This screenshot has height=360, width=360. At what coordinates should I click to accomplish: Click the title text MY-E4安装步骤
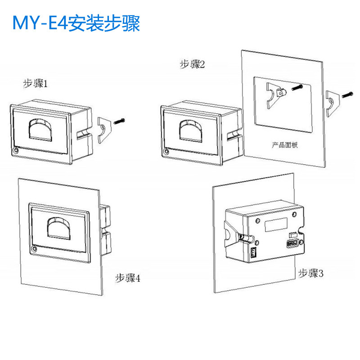[76, 23]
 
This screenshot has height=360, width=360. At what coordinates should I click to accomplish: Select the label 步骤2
[192, 65]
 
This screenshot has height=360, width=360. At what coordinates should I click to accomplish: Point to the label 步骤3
[311, 273]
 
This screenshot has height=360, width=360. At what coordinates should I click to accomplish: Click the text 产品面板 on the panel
[285, 145]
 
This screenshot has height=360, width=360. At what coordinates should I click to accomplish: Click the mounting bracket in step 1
[104, 128]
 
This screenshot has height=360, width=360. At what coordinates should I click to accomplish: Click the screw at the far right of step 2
[347, 95]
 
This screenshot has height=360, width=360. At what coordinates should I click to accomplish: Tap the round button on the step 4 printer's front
[34, 248]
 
